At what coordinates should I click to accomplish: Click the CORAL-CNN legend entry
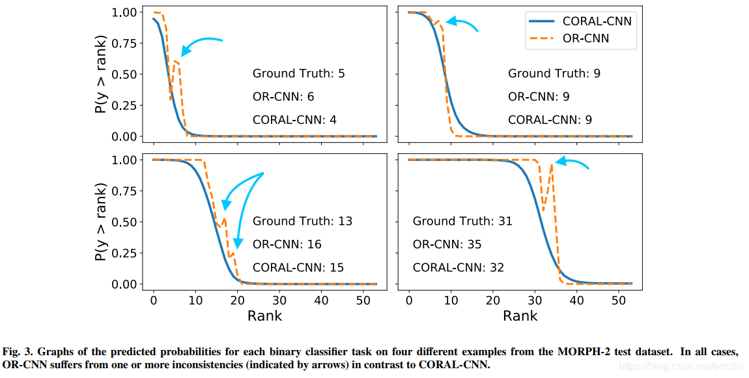click(x=579, y=21)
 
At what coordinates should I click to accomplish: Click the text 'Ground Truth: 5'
click(x=298, y=74)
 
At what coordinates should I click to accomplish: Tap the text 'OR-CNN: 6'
click(x=283, y=96)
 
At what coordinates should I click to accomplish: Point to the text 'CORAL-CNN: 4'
click(x=294, y=120)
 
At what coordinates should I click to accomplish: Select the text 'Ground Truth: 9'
click(x=554, y=74)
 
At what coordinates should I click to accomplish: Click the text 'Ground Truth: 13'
click(x=302, y=221)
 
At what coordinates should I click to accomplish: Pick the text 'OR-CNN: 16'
click(x=287, y=244)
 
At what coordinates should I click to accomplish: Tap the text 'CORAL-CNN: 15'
click(x=298, y=268)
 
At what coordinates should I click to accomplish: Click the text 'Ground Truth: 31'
click(x=462, y=221)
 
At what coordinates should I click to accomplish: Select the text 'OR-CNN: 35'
click(x=447, y=244)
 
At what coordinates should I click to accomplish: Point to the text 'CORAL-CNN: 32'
click(x=459, y=268)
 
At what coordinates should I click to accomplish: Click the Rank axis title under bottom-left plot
click(x=264, y=316)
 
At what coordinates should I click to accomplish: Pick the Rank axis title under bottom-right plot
click(x=520, y=316)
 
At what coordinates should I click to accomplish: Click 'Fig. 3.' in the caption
click(x=17, y=352)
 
